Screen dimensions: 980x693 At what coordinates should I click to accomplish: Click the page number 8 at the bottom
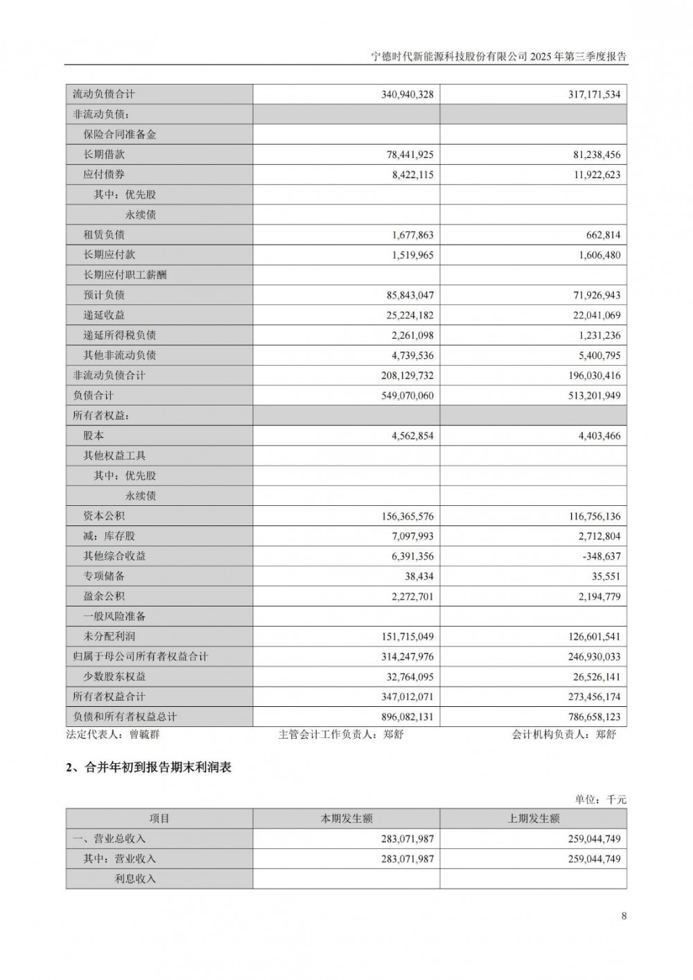tap(624, 916)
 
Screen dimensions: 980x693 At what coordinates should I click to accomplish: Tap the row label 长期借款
tap(104, 155)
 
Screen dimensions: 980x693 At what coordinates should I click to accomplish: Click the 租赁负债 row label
tap(104, 235)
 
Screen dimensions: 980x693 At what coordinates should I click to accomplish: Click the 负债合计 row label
tap(94, 396)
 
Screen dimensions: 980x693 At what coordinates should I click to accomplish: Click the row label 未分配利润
tap(109, 636)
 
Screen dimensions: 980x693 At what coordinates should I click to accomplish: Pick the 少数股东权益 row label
tap(114, 676)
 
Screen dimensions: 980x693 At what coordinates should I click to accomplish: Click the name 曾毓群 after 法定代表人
tap(144, 735)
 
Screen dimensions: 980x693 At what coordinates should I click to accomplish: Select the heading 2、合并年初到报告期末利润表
tap(148, 768)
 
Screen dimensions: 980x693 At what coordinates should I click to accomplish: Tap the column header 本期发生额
tap(346, 819)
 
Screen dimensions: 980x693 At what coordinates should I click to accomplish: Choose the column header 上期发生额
tap(534, 819)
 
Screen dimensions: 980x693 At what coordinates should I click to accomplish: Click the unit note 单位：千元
tap(600, 800)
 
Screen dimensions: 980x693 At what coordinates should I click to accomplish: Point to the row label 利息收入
tap(135, 879)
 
